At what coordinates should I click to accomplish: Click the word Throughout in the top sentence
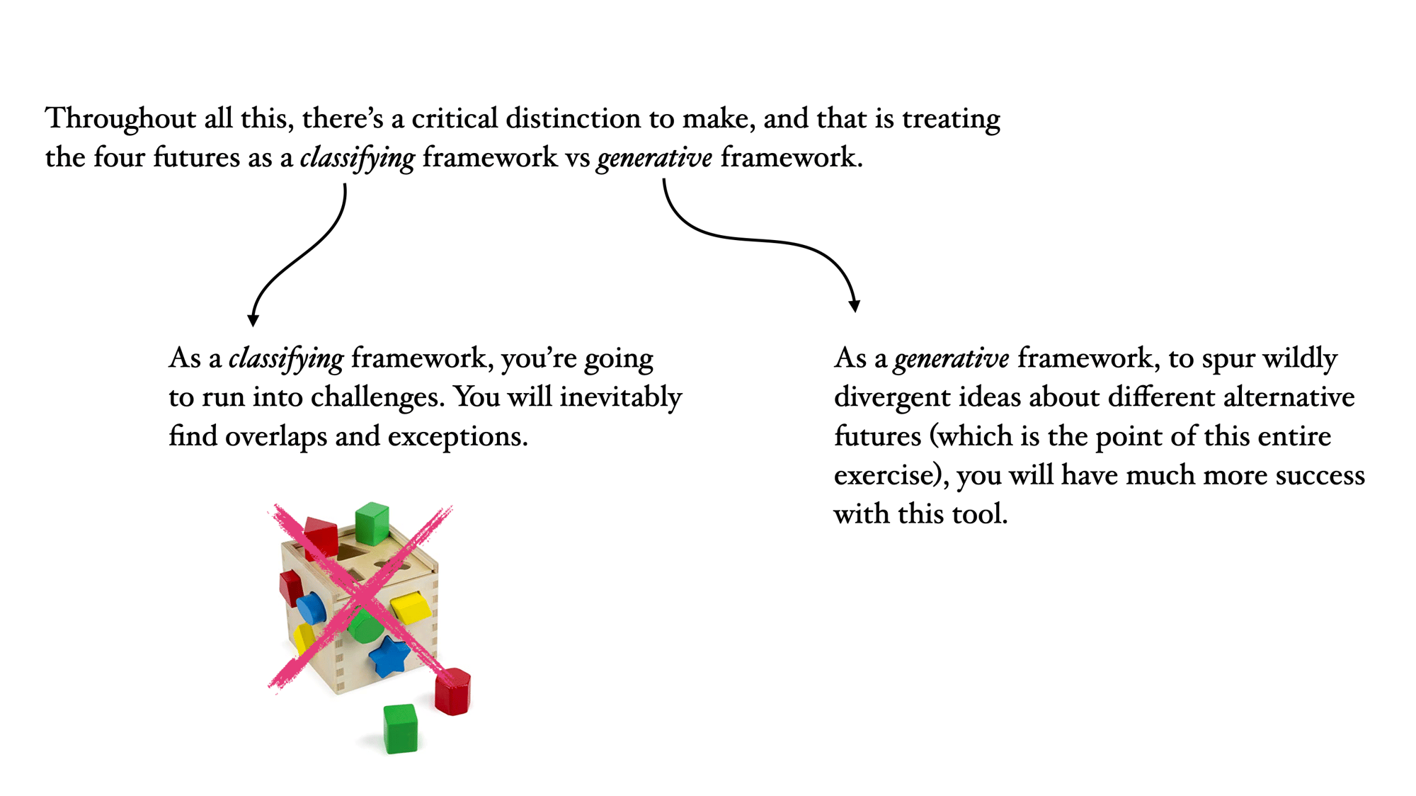point(121,119)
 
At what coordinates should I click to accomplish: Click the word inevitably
point(621,398)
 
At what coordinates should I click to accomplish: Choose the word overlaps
point(277,437)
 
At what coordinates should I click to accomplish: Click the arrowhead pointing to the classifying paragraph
point(253,321)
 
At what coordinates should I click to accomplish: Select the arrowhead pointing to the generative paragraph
point(855,306)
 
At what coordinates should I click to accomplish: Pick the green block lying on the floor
point(401,728)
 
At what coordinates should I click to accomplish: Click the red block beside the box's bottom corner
point(453,691)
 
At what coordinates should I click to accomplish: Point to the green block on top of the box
point(372,523)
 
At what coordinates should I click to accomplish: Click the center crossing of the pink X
point(362,597)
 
